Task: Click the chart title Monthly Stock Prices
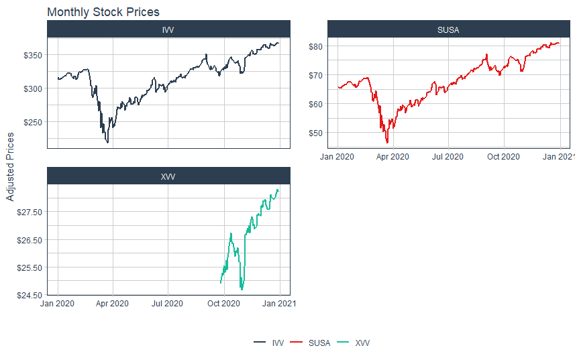(x=103, y=12)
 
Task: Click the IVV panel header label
(x=168, y=29)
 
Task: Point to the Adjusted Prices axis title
(x=10, y=166)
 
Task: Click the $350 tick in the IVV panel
(x=32, y=55)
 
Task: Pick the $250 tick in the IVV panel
(x=32, y=122)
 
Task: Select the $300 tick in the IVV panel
(x=32, y=88)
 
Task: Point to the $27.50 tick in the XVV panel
(x=29, y=212)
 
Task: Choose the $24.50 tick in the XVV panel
(x=29, y=295)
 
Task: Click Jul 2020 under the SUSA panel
(x=448, y=158)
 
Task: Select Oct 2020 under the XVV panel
(x=223, y=304)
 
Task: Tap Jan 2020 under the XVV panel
(x=57, y=304)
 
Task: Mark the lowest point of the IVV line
(x=107, y=142)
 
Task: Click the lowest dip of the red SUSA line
(x=387, y=143)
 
